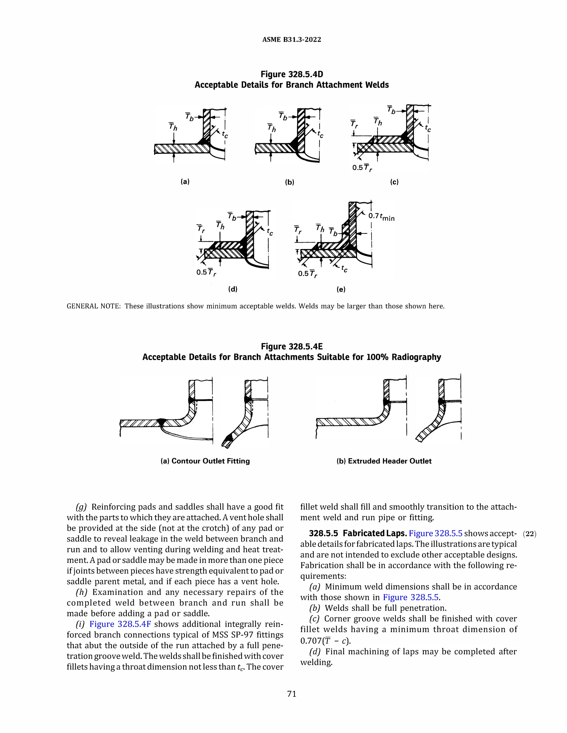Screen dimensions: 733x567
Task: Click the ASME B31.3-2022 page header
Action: (x=292, y=40)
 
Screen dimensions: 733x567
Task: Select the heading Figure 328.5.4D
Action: (x=292, y=74)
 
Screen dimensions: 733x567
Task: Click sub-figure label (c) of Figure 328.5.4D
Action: (x=394, y=182)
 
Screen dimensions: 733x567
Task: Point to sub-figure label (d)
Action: (x=233, y=289)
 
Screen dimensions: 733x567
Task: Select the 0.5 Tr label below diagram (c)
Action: (x=362, y=168)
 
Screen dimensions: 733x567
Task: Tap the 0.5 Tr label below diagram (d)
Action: (x=206, y=272)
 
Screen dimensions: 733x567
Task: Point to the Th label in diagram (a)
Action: (x=173, y=127)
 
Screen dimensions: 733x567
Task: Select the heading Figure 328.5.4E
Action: (x=292, y=346)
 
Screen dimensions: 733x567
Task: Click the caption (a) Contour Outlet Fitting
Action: (x=205, y=461)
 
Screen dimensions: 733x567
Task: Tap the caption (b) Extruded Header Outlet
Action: (x=384, y=461)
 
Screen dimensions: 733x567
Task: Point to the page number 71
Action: (x=292, y=694)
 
